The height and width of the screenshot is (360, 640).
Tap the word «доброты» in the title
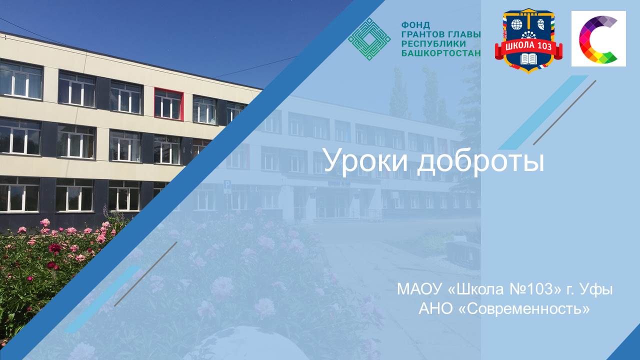(480, 161)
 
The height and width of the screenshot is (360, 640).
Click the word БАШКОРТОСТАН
(441, 53)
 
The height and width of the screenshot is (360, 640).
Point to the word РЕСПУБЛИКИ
(433, 43)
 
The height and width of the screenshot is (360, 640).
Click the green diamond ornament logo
(369, 39)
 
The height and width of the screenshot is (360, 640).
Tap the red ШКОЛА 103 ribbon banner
(528, 47)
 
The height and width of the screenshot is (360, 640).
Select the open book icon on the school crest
(528, 59)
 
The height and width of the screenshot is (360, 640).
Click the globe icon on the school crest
(516, 24)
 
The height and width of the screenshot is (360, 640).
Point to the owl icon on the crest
(541, 24)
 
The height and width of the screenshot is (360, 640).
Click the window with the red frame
(168, 103)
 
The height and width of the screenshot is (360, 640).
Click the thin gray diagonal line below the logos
(565, 112)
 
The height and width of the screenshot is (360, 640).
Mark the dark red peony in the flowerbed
(55, 248)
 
